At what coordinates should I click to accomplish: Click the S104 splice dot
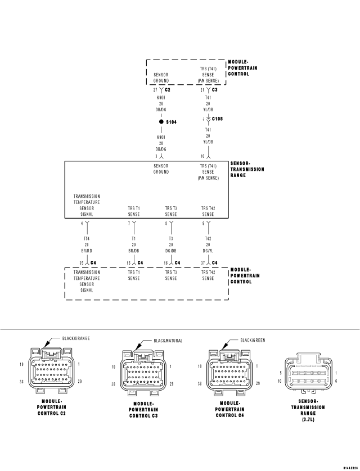click(x=161, y=121)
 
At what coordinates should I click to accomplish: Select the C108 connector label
click(x=219, y=119)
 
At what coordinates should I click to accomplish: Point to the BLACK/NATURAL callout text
click(x=168, y=340)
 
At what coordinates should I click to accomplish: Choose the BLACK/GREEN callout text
click(x=253, y=340)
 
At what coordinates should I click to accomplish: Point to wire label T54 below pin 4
click(x=86, y=238)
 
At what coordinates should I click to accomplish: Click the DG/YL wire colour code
click(x=208, y=251)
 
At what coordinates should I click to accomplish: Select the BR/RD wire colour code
click(x=86, y=251)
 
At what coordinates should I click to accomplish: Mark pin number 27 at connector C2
click(x=155, y=89)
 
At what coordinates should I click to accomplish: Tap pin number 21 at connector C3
click(x=202, y=89)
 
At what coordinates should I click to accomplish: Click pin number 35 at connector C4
click(x=81, y=262)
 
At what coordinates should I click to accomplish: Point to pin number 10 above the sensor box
click(x=202, y=156)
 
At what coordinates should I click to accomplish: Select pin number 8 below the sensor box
click(x=165, y=223)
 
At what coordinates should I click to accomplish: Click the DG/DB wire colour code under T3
click(x=170, y=251)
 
